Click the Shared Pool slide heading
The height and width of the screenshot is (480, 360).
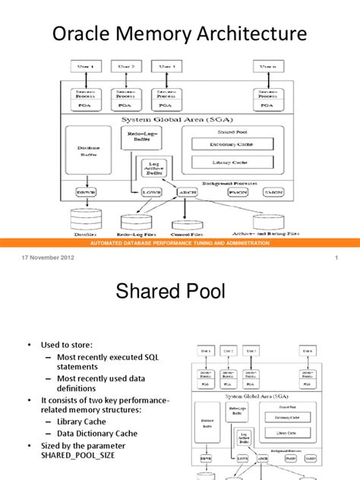tap(180, 289)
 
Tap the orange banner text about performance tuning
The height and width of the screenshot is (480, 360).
tap(179, 243)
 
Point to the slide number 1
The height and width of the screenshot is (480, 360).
tap(335, 258)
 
